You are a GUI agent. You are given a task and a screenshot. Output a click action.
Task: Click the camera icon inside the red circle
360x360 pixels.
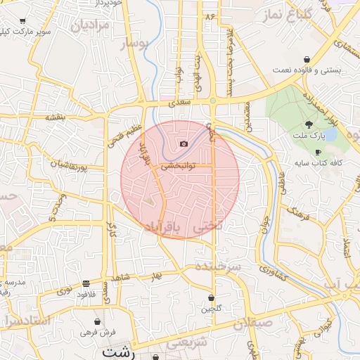184,143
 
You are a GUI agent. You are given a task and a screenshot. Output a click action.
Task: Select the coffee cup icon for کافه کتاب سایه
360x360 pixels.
318,152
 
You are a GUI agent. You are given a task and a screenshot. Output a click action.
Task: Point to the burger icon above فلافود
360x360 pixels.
86,283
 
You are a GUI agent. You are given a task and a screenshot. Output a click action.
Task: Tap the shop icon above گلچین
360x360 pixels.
212,298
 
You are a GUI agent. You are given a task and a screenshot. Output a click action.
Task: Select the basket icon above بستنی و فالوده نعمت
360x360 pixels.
307,60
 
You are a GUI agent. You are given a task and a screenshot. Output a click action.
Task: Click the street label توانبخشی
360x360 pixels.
179,167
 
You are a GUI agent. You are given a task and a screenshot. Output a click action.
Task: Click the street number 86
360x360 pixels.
209,15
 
